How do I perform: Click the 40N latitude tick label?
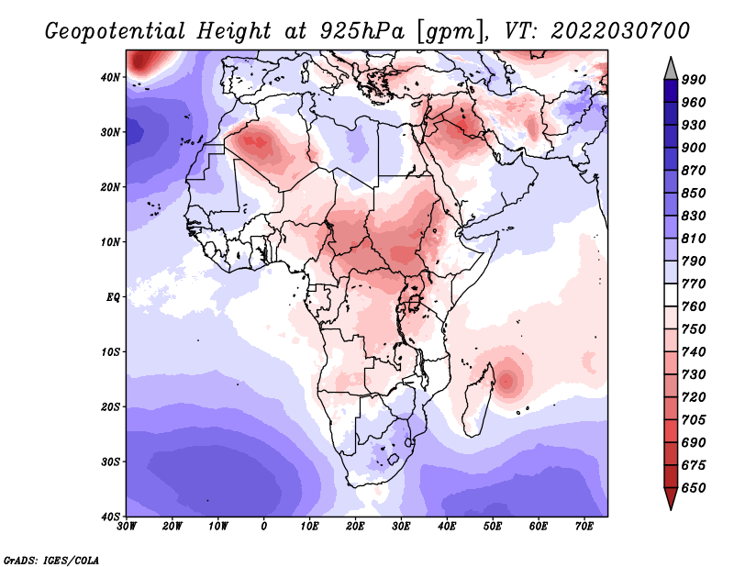tap(110, 77)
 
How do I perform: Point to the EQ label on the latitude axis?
tap(113, 297)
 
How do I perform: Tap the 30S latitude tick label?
tap(110, 462)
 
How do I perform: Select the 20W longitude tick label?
tap(172, 527)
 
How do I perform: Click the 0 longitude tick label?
tap(264, 527)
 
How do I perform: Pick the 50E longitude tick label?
tap(493, 527)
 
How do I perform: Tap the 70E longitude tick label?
tap(584, 527)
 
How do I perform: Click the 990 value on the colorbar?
tap(694, 80)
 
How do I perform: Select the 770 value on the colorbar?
tap(694, 284)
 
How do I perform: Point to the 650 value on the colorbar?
tap(694, 488)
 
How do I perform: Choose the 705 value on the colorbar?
tap(694, 420)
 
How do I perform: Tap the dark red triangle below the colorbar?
tap(671, 497)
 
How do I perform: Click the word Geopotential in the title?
tap(116, 31)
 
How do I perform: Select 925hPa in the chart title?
tap(362, 31)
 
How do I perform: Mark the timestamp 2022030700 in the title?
tap(620, 30)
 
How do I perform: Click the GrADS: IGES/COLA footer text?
tap(51, 560)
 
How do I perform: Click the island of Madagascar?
tap(477, 400)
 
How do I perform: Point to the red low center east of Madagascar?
tap(506, 380)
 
